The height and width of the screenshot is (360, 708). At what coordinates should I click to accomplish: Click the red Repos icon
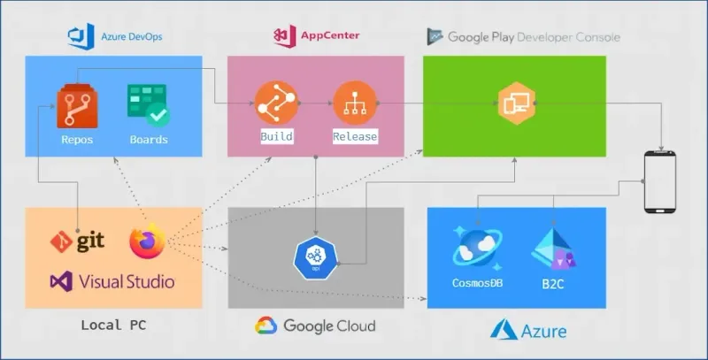[x=76, y=106]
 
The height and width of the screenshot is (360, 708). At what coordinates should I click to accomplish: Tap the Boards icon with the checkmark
[x=148, y=105]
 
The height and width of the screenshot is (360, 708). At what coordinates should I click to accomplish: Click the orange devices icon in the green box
[x=514, y=103]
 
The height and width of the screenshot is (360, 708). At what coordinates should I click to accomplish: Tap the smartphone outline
[x=660, y=182]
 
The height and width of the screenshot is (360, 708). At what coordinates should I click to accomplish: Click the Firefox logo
[x=148, y=241]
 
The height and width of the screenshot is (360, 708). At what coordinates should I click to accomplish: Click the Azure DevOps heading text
[x=127, y=37]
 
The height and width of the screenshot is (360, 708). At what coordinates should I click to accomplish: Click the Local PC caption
[x=113, y=325]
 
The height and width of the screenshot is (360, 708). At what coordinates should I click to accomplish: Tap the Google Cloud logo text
[x=329, y=326]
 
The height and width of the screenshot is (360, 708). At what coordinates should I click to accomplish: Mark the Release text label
[x=355, y=137]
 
